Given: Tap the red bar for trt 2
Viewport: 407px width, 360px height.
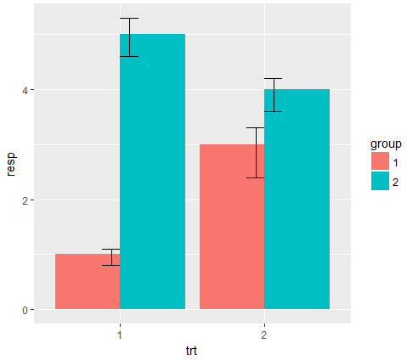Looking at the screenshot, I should pos(232,227).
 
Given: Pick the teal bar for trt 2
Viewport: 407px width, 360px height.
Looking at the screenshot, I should pos(297,199).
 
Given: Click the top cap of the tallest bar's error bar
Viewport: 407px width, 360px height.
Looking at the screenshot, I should pos(129,18).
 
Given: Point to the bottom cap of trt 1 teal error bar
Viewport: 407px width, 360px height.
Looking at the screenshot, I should pos(129,56).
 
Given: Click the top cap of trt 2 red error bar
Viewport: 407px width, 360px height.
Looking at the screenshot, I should pos(256,127).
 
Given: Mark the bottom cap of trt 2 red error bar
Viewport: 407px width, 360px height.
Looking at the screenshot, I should pos(256,177).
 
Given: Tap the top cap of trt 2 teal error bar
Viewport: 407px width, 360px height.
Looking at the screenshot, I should pos(273,78).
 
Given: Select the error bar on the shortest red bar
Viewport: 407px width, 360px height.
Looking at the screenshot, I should pos(110,257).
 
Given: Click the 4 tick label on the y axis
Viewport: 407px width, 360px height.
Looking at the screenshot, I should pos(25,90).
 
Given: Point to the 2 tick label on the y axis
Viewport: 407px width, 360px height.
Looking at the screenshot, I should pos(25,200).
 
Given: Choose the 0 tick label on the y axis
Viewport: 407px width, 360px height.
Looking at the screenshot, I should pos(25,310).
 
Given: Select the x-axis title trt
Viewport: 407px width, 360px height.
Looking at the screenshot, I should pos(192,349).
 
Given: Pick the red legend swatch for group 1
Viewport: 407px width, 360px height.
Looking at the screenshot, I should pos(380,161).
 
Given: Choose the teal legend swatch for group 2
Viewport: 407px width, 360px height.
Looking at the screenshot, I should pos(380,181).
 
